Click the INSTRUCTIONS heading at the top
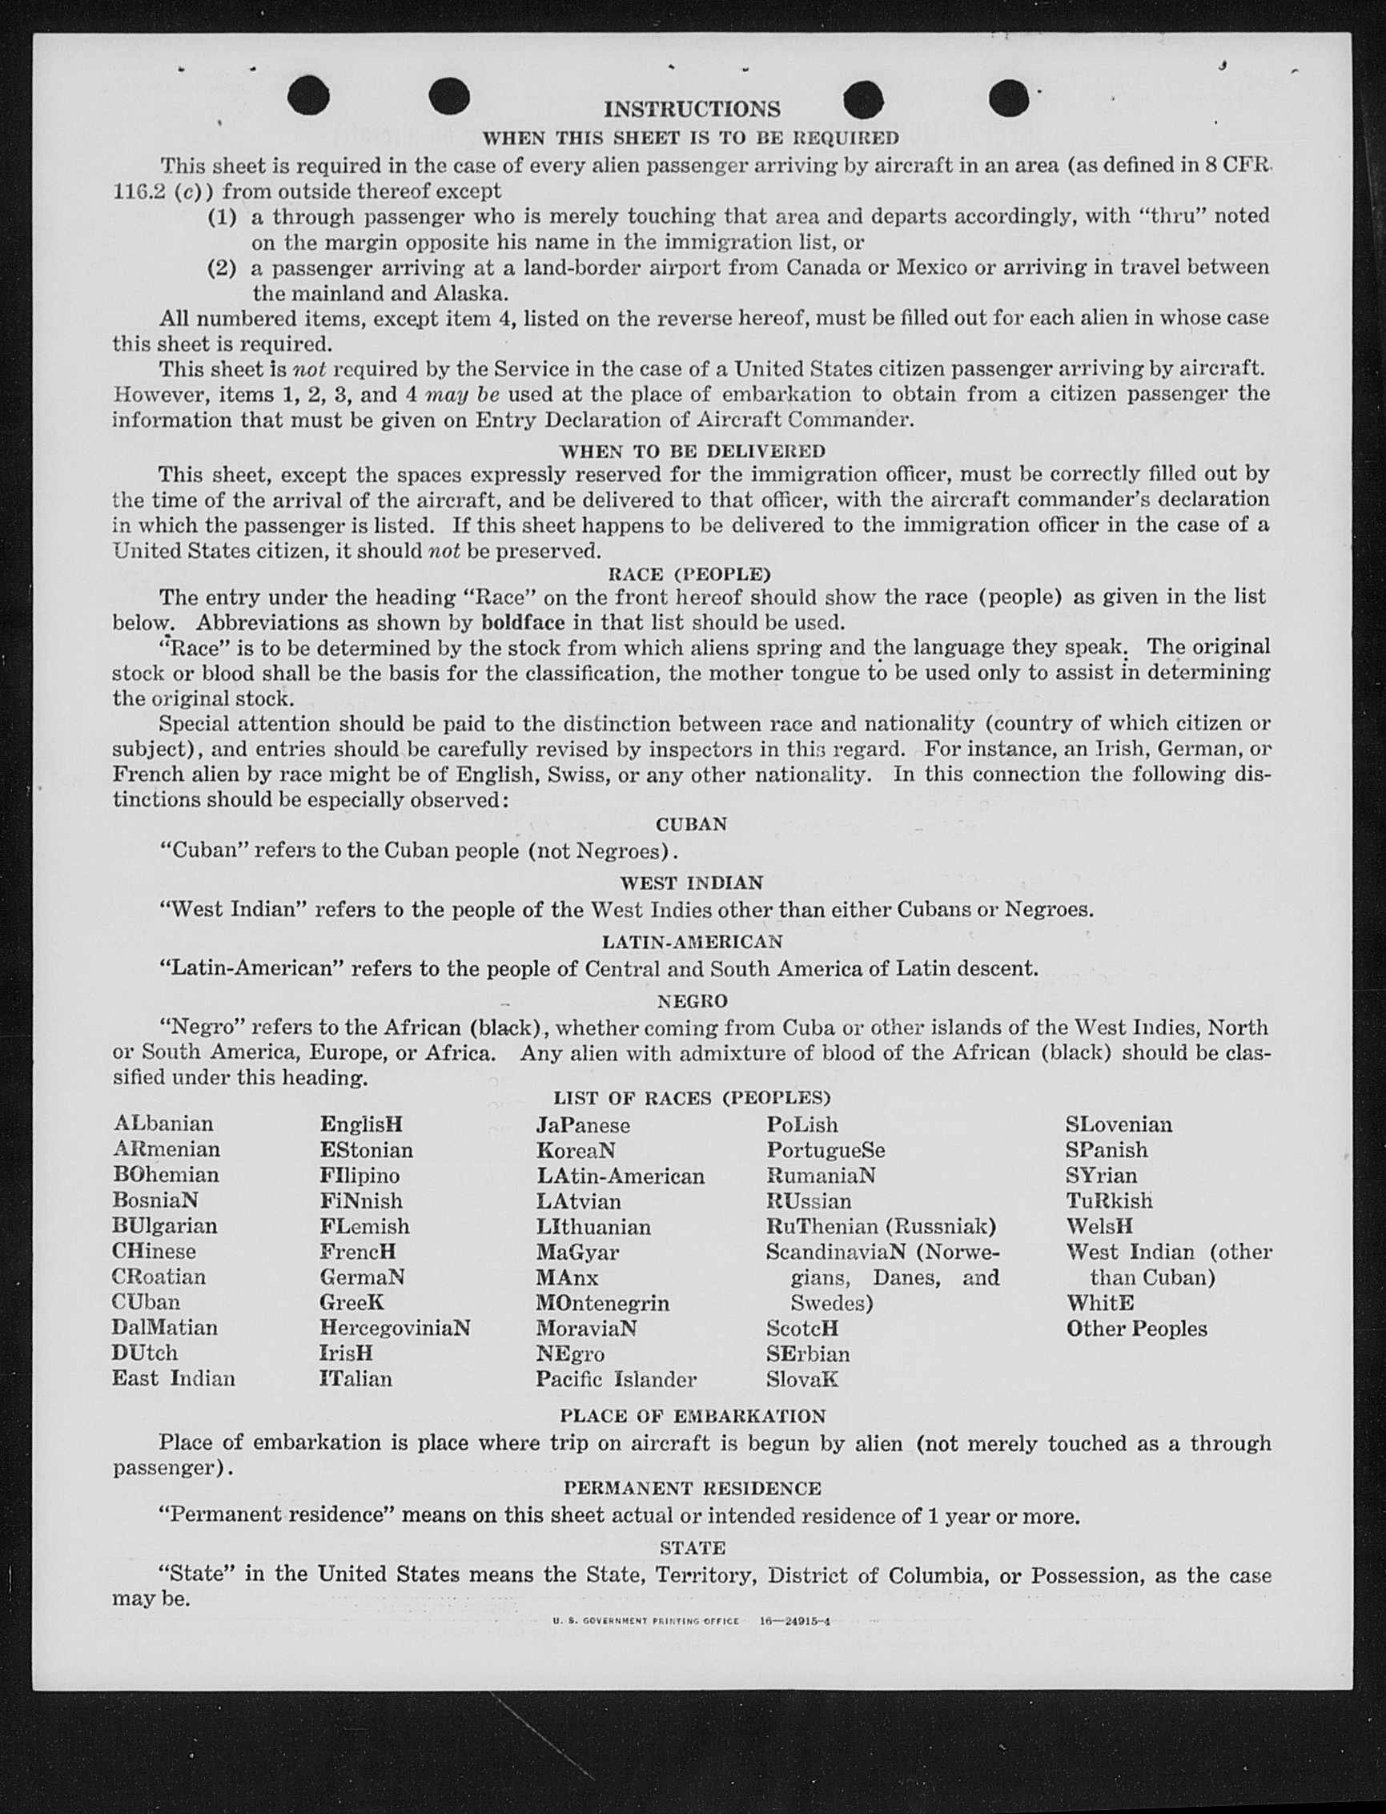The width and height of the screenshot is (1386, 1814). click(691, 109)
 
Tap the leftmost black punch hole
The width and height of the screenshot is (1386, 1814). click(308, 97)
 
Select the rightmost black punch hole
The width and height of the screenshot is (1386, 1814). click(1008, 99)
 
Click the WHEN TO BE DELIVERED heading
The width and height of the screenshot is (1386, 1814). click(692, 451)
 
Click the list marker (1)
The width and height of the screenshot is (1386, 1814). click(221, 217)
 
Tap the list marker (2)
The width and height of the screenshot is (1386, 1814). click(221, 268)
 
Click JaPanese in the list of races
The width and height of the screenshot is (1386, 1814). click(582, 1125)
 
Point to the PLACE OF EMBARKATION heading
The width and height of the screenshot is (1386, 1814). click(692, 1416)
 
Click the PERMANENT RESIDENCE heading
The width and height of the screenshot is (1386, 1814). click(692, 1488)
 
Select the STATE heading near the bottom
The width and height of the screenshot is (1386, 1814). click(692, 1547)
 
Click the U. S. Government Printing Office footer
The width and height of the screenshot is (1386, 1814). click(691, 1621)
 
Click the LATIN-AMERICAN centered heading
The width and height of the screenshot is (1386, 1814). click(692, 942)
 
